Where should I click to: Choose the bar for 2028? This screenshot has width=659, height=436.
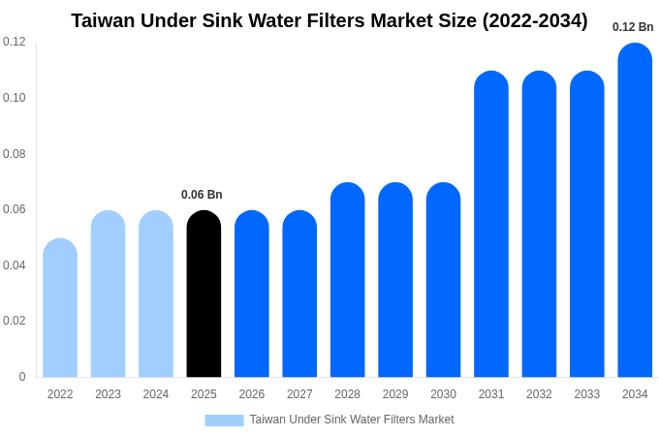click(x=347, y=280)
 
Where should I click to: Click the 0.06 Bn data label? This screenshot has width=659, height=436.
click(x=202, y=195)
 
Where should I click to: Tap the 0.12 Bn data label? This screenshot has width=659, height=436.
click(x=633, y=27)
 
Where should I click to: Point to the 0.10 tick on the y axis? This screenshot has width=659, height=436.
click(x=15, y=98)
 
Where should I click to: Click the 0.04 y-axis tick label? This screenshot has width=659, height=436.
click(x=15, y=265)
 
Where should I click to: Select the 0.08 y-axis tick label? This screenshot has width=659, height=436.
click(x=15, y=154)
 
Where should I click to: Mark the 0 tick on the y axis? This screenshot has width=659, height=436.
click(x=22, y=377)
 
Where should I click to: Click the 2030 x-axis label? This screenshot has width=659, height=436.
click(x=443, y=394)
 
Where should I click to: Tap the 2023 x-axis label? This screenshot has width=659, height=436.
click(x=108, y=394)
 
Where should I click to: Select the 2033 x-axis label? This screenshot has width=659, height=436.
click(x=586, y=394)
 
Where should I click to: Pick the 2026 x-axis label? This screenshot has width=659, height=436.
click(x=252, y=394)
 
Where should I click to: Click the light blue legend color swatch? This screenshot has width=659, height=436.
click(x=224, y=420)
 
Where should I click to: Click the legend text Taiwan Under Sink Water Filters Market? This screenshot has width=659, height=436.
click(x=352, y=420)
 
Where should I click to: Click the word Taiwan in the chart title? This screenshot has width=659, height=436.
click(x=104, y=20)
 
